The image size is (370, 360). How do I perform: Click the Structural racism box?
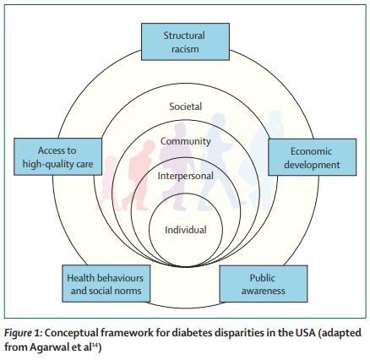point(185,41)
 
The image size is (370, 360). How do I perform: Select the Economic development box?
point(312,157)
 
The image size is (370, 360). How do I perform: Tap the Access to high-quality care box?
point(58,156)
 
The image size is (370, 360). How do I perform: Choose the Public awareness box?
point(264,284)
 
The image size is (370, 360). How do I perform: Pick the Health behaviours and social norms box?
point(106,283)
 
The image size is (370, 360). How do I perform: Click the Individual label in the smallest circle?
point(186,230)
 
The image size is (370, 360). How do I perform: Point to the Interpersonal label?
point(186,176)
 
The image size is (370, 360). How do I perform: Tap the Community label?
point(186,141)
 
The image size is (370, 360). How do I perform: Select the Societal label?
point(186,106)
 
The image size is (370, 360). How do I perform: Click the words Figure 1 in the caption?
point(23,333)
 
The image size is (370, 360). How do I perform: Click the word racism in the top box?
point(185,49)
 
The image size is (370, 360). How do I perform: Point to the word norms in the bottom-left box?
point(127,291)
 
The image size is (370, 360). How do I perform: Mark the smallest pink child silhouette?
point(106,183)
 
